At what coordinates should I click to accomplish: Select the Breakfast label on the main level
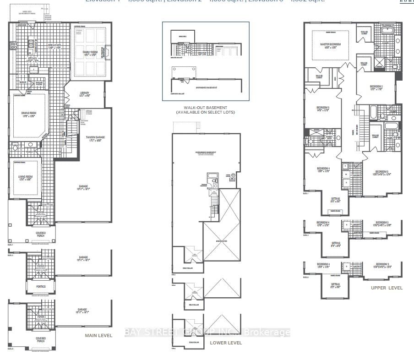tap(55, 46)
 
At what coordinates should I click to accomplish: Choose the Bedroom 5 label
tap(323, 109)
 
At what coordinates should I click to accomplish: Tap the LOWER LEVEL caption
tap(225, 343)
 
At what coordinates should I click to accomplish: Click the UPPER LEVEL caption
tap(387, 288)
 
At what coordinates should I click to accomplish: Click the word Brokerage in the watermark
tap(269, 333)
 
